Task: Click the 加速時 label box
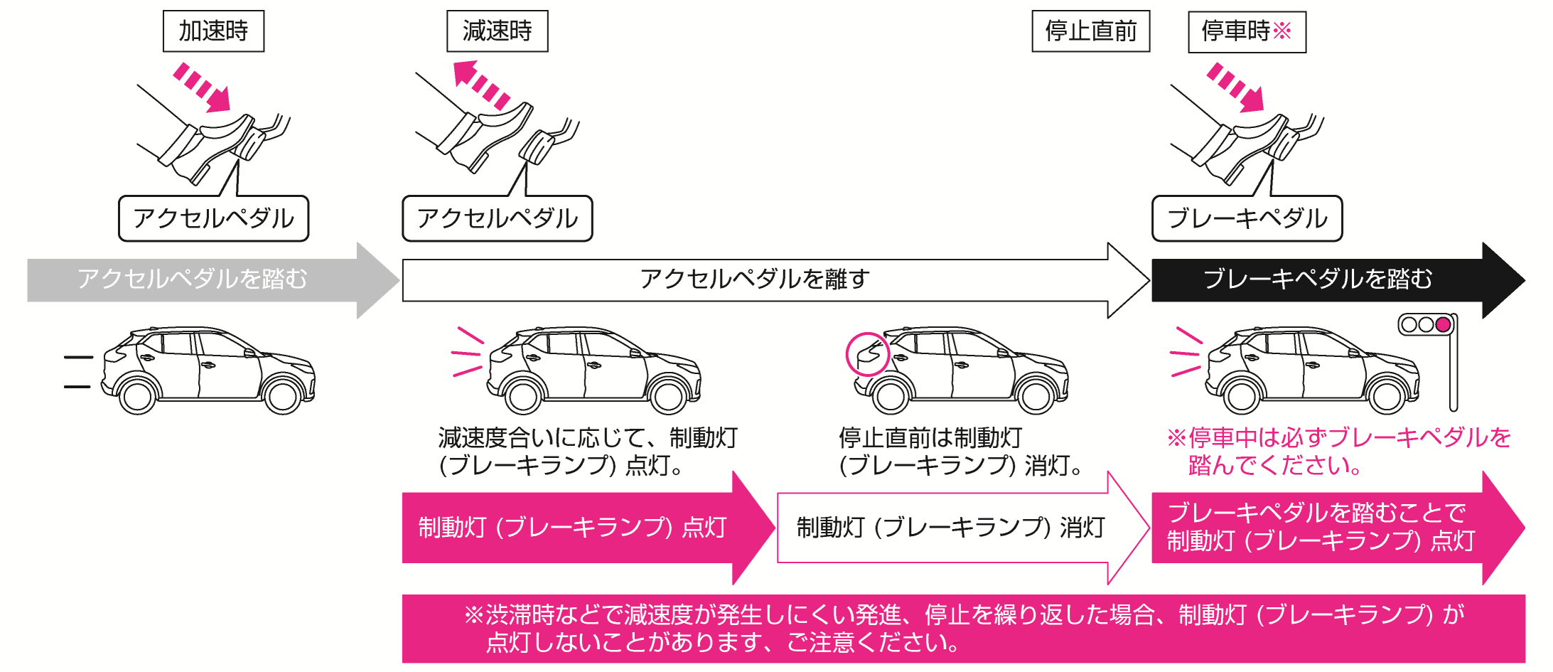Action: click(213, 31)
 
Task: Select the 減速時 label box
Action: click(497, 31)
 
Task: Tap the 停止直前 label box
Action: click(1090, 31)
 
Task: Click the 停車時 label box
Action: click(1247, 31)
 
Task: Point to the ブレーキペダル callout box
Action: click(1247, 218)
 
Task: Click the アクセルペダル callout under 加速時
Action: click(213, 218)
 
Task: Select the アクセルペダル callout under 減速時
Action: click(497, 218)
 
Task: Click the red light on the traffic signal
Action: click(1443, 325)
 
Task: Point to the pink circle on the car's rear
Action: click(867, 354)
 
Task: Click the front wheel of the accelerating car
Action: click(283, 395)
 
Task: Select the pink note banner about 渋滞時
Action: click(963, 629)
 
